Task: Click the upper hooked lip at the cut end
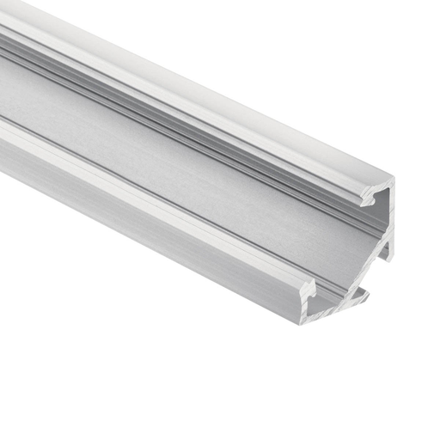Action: click(368, 198)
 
